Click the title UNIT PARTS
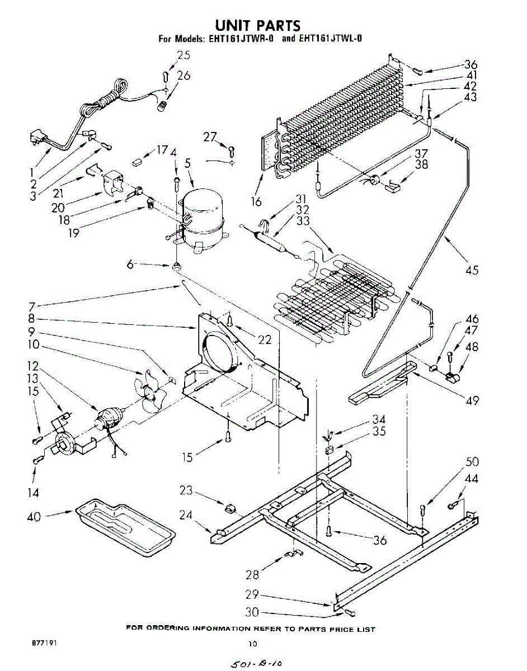pyautogui.click(x=258, y=25)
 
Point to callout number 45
pyautogui.click(x=472, y=270)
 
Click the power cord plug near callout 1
pyautogui.click(x=37, y=138)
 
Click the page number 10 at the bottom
pyautogui.click(x=254, y=643)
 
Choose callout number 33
pyautogui.click(x=302, y=221)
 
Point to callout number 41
pyautogui.click(x=472, y=76)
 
